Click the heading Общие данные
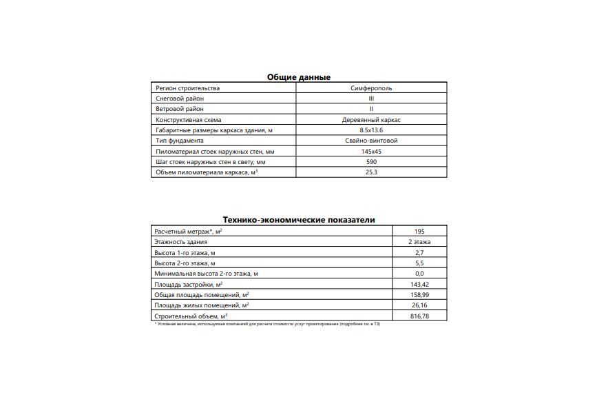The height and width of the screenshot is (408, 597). pos(298,77)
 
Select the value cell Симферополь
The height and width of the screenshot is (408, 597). pos(371,88)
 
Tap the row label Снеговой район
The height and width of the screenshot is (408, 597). pos(180,99)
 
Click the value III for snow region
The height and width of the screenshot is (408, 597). pos(371,99)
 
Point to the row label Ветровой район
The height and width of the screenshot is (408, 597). pos(180,109)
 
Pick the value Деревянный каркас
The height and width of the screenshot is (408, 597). pos(371,120)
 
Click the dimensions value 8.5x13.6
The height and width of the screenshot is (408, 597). pos(371,130)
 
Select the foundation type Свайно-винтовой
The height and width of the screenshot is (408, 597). pos(371,141)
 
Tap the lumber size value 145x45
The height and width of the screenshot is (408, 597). pos(371,151)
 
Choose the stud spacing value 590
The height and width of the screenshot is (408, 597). pos(371,161)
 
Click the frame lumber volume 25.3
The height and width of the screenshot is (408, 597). pos(371,172)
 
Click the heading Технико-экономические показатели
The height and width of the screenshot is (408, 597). pos(298,220)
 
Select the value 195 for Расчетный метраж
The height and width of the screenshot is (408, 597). pos(419,232)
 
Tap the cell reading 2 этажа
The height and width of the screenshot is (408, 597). pos(419,242)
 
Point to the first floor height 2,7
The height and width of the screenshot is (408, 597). pos(419,253)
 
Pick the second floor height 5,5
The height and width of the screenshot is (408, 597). pos(419,263)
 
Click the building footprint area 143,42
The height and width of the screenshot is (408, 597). pos(419,284)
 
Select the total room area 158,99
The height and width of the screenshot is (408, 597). pos(419,295)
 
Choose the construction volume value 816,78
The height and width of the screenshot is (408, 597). pos(419,316)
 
